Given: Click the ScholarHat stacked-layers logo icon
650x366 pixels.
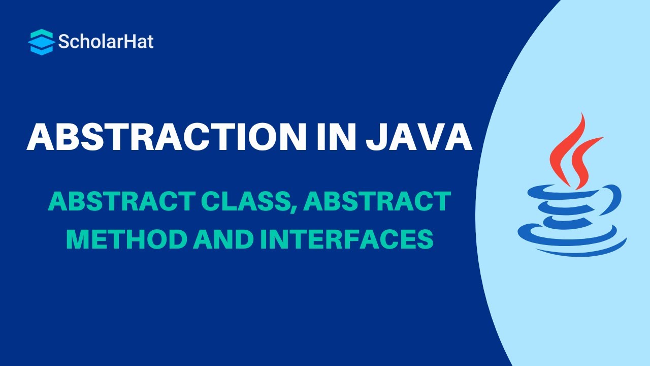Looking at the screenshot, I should tap(41, 42).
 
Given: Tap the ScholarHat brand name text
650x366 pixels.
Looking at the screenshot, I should tap(106, 42).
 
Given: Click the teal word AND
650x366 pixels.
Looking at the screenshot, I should tap(222, 239).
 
